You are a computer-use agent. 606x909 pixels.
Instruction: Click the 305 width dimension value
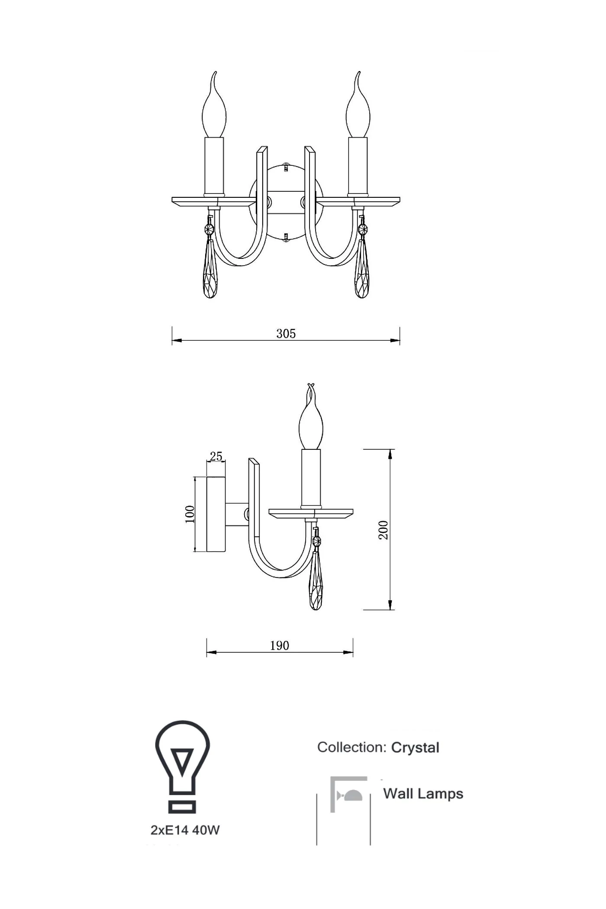pyautogui.click(x=286, y=334)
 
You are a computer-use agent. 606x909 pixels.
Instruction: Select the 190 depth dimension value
pyautogui.click(x=280, y=646)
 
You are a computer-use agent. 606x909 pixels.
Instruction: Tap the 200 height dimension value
pyautogui.click(x=384, y=530)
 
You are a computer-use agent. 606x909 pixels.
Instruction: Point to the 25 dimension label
pyautogui.click(x=216, y=456)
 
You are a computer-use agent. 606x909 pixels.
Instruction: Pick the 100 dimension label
pyautogui.click(x=190, y=514)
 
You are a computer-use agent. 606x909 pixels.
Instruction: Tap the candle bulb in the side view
pyautogui.click(x=311, y=418)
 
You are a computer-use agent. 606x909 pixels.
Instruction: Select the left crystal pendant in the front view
pyautogui.click(x=210, y=268)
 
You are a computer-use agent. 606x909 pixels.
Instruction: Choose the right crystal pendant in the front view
pyautogui.click(x=362, y=268)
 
